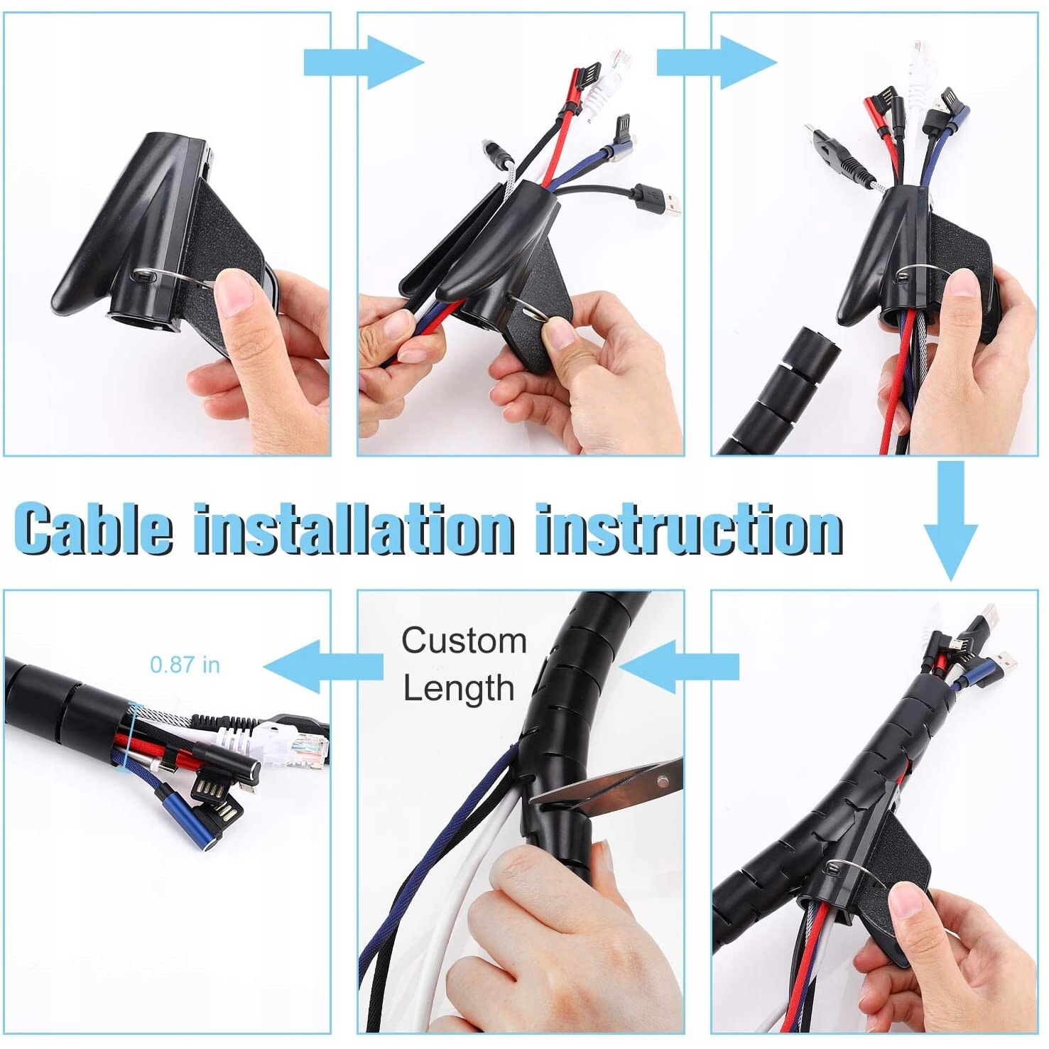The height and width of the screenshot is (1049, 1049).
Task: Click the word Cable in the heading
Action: tap(93, 529)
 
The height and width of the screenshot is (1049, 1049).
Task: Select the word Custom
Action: tap(464, 641)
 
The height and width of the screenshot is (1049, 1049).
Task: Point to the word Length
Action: tap(459, 688)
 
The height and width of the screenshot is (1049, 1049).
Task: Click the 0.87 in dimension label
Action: tap(185, 665)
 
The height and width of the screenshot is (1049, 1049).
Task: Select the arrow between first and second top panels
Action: tap(363, 62)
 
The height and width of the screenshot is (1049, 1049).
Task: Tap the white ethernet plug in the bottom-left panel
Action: tap(284, 746)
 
